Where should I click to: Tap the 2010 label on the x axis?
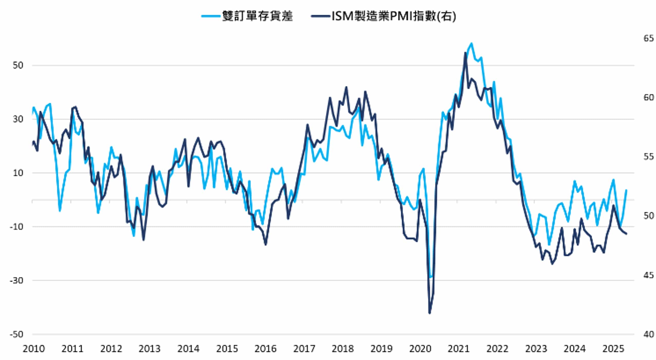(x=34, y=349)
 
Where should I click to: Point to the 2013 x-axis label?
(x=150, y=349)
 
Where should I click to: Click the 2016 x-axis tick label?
(x=265, y=349)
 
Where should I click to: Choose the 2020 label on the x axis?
(x=420, y=349)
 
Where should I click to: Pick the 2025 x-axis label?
(x=613, y=349)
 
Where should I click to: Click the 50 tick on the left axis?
(x=18, y=65)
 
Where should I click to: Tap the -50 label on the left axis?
(x=16, y=335)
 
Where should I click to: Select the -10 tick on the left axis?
(x=16, y=227)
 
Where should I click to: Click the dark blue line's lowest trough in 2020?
(x=430, y=313)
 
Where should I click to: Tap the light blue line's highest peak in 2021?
(x=472, y=43)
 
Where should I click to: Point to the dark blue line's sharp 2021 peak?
(x=465, y=53)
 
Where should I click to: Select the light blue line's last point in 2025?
(x=626, y=190)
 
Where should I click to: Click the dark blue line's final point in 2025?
(x=626, y=234)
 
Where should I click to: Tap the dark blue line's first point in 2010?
(x=33, y=142)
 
